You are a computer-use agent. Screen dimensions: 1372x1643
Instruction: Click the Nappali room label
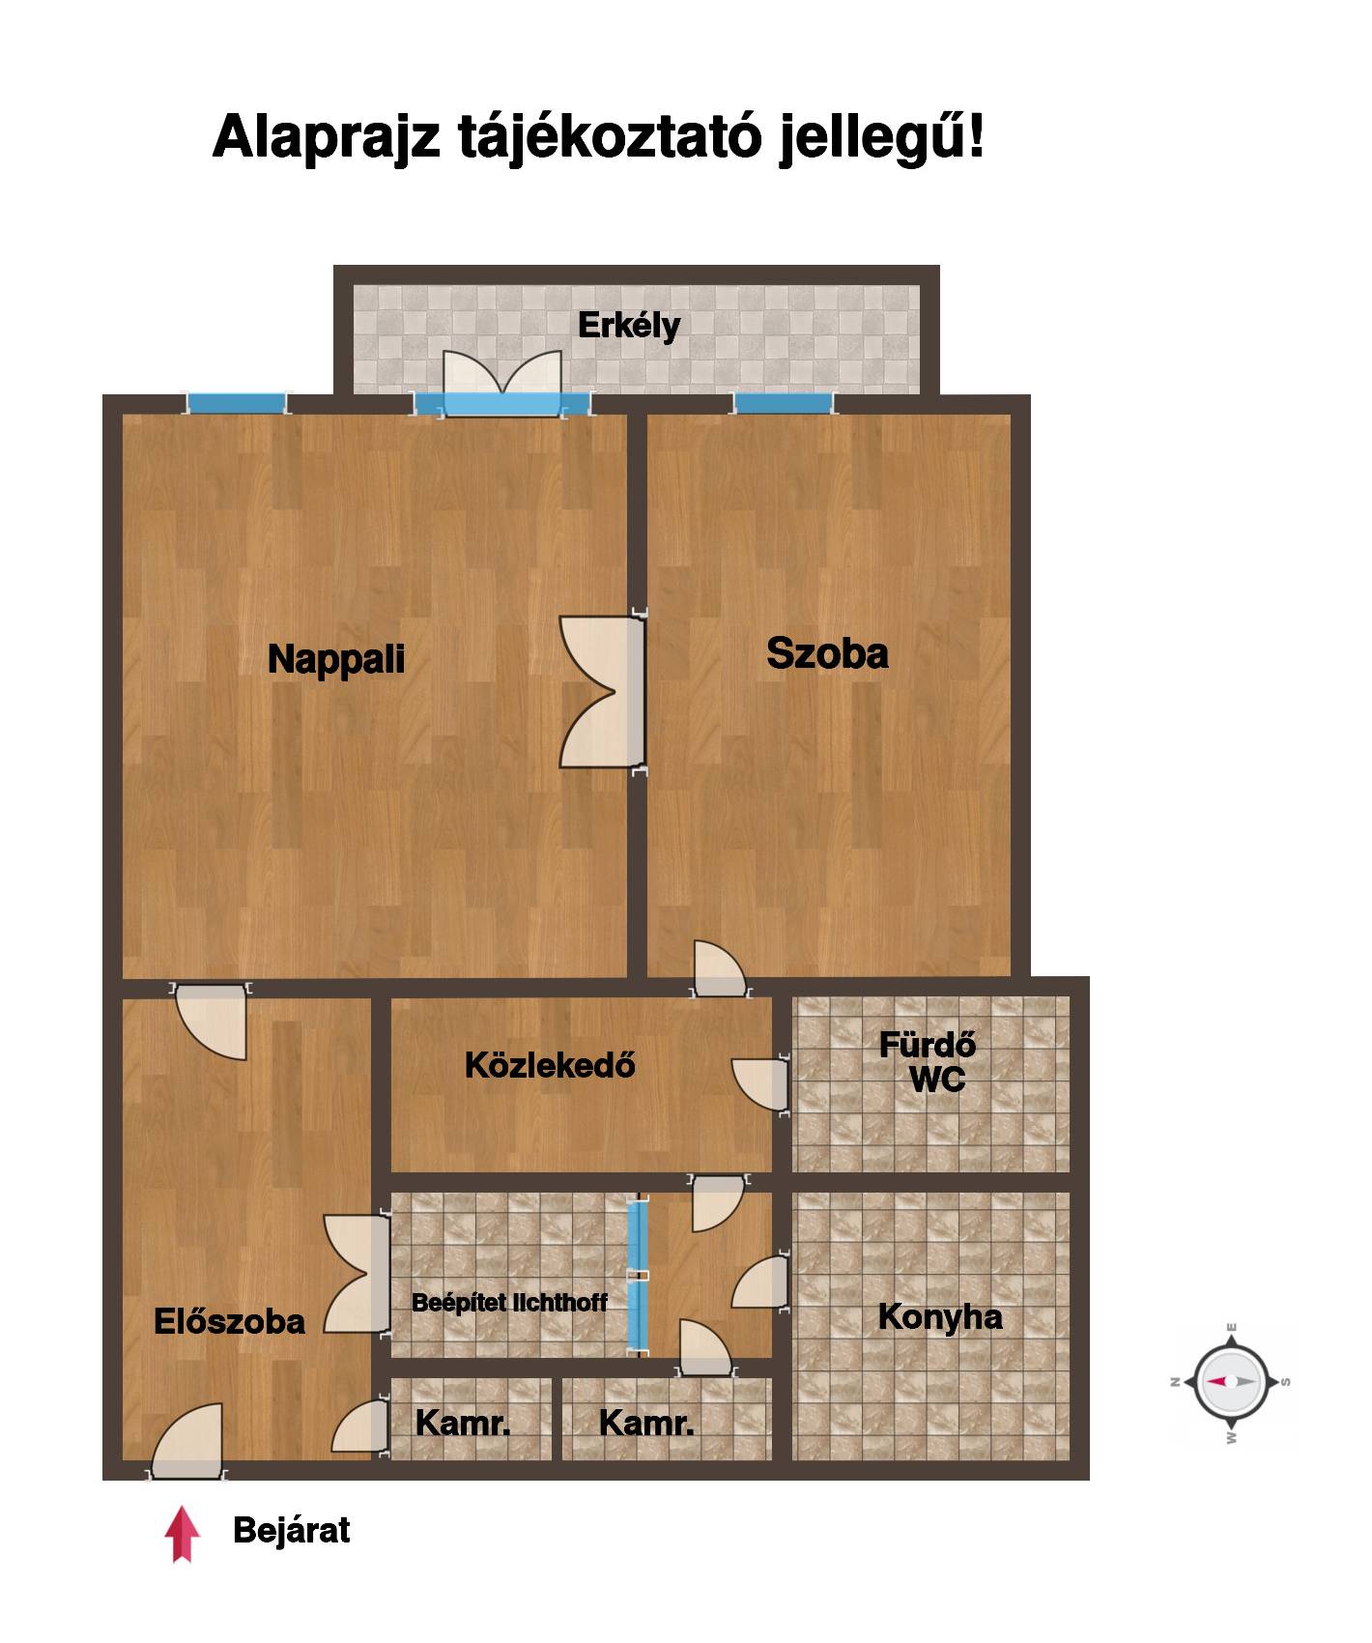[336, 659]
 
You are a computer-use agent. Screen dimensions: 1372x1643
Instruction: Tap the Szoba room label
[827, 653]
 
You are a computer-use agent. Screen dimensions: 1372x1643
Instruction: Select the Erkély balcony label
[629, 326]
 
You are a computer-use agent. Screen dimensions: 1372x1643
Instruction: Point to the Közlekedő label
[550, 1065]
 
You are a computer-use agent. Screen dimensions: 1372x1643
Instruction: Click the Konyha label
[940, 1317]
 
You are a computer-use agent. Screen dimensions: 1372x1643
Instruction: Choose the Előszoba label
[229, 1321]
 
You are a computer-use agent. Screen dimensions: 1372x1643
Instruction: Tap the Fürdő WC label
[928, 1061]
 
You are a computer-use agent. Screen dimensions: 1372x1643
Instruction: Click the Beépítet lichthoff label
[509, 1302]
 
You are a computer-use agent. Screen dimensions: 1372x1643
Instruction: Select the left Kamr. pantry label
[463, 1423]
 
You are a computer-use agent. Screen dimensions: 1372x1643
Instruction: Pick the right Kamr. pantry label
[646, 1423]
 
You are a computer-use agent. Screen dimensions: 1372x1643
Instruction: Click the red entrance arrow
[182, 1534]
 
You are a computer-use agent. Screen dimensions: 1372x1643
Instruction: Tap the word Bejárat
[291, 1531]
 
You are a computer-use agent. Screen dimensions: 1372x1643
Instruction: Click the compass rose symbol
[1231, 1382]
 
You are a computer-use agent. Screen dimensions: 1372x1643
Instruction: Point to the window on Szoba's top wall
[783, 403]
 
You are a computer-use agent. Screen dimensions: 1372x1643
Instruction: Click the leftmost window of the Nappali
[237, 403]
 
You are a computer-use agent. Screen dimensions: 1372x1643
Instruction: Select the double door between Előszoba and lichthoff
[357, 1273]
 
